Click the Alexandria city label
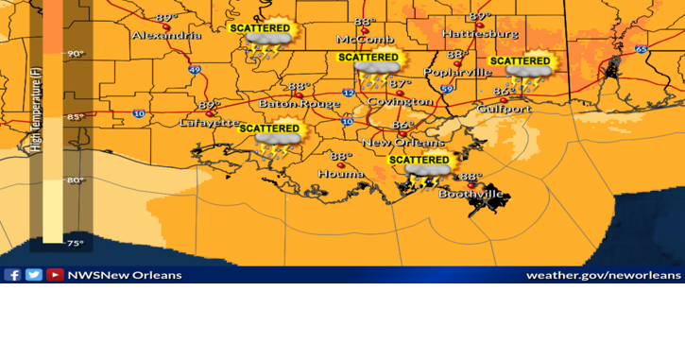166,35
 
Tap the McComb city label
365,39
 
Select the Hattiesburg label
480,33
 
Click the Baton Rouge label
300,103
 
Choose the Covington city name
400,101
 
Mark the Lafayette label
210,123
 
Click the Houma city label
341,174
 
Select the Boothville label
471,195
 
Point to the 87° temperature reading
401,84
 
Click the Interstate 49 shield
195,69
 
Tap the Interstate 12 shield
349,93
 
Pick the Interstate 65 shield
642,49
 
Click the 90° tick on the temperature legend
75,54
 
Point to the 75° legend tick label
75,243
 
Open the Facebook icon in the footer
12,275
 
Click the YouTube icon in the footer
55,275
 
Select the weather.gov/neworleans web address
603,275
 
